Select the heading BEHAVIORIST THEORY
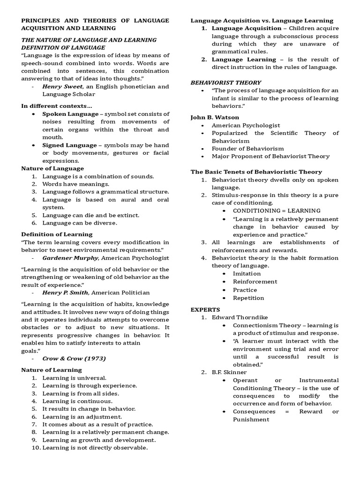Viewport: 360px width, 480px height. [x=225, y=82]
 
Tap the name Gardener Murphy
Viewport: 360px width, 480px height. [x=70, y=258]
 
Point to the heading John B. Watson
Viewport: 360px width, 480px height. [x=215, y=117]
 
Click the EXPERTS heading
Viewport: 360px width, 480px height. [x=205, y=310]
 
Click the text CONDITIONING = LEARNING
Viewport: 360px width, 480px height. [x=277, y=210]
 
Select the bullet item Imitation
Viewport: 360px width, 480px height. [x=247, y=273]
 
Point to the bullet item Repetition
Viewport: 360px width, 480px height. [x=248, y=298]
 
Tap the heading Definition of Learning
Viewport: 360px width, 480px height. [x=57, y=234]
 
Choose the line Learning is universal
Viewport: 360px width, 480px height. [x=74, y=377]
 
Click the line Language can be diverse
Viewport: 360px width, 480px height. [x=80, y=223]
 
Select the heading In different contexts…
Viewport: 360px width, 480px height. [x=57, y=106]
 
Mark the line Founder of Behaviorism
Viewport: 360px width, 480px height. [x=247, y=149]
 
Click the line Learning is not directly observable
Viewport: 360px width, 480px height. [x=95, y=448]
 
